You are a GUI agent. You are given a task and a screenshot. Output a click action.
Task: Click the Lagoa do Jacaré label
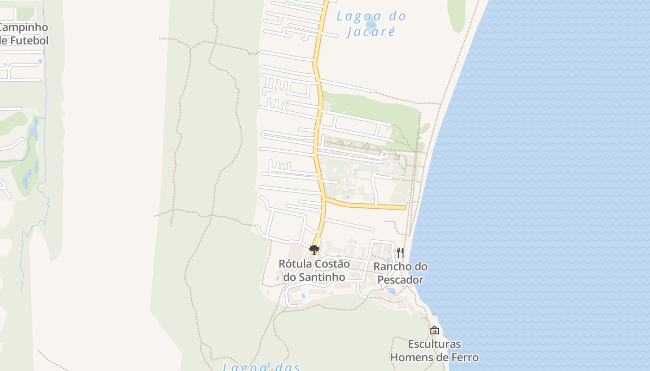pos(371,24)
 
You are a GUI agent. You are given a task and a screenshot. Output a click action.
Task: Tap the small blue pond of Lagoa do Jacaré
pos(371,24)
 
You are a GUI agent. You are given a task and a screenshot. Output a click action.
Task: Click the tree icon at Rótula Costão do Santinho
pos(314,250)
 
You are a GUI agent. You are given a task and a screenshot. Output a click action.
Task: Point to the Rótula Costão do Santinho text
pos(314,270)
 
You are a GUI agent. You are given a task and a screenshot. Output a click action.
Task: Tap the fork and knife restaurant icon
pos(400,253)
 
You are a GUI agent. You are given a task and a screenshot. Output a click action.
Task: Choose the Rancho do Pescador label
pos(400,273)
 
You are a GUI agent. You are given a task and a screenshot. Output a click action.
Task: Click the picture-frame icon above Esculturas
pos(435,330)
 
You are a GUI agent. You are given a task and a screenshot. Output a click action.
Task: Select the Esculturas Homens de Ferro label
pos(434,351)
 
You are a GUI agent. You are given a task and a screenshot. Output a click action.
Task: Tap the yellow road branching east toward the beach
pos(367,205)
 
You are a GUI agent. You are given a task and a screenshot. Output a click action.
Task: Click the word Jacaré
pos(371,32)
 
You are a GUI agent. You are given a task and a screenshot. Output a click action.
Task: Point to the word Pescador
pos(400,280)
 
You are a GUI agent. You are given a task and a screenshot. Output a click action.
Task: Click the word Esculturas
pos(434,344)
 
